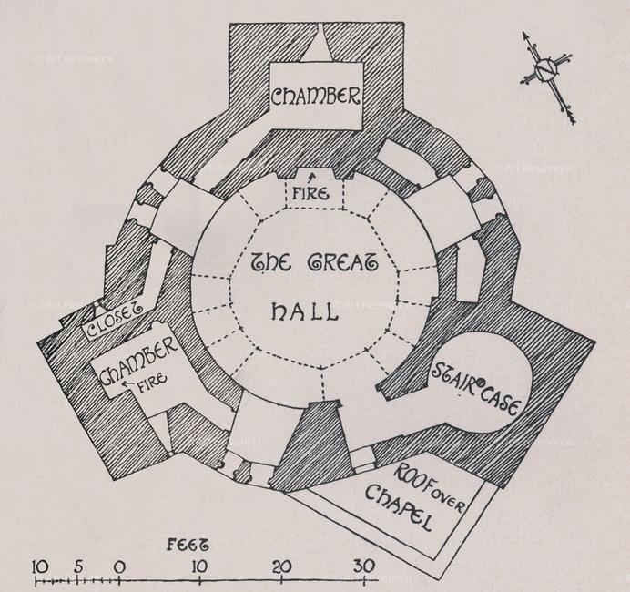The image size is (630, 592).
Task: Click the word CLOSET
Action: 115,319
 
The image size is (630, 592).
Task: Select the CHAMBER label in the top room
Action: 315,97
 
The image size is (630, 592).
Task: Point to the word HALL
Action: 304,311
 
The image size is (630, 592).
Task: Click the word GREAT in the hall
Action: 342,263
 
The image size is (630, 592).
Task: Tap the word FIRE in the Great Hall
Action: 310,194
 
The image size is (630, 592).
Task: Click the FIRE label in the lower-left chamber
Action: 152,381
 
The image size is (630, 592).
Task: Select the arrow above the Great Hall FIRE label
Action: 310,179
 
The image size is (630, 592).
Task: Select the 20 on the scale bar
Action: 282,566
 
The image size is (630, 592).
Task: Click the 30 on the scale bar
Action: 364,566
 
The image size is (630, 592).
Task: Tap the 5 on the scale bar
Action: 78,566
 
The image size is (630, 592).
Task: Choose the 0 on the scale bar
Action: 119,567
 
